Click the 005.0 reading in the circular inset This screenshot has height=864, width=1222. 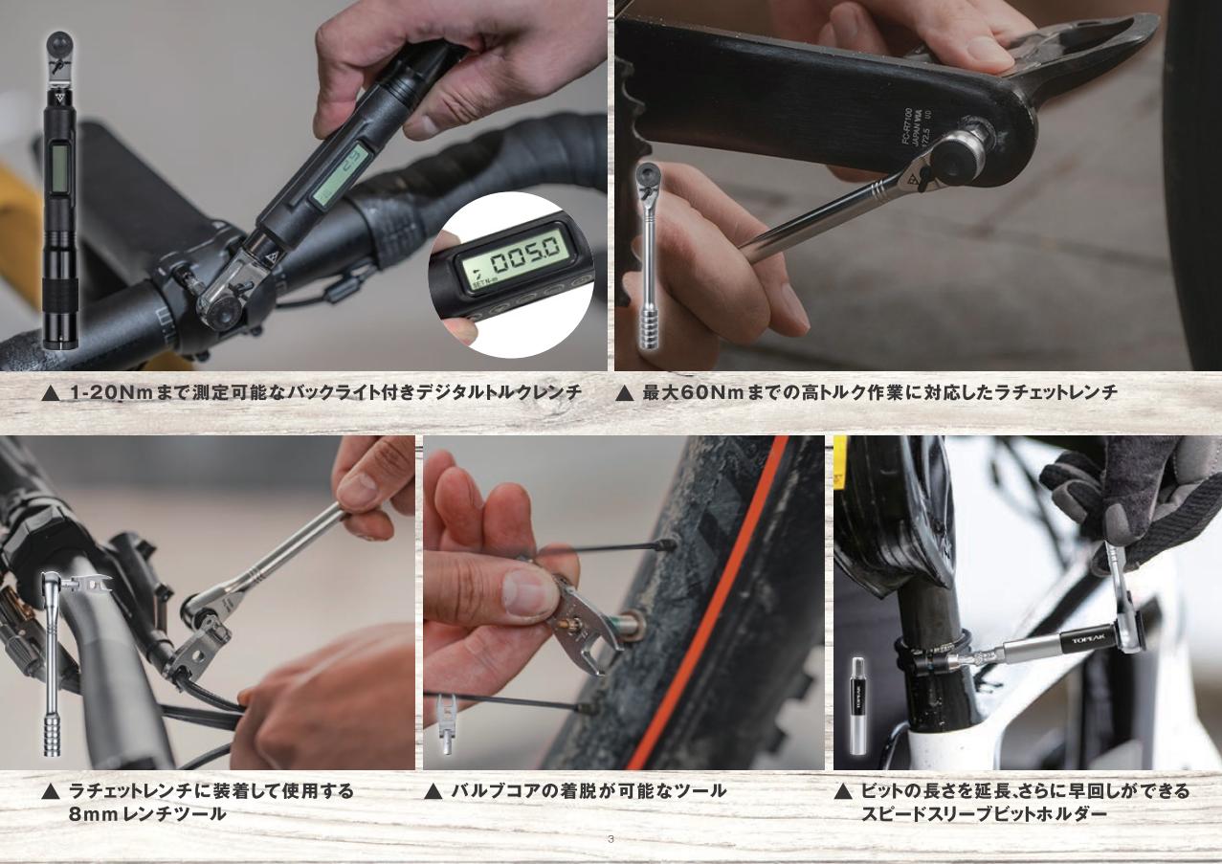(x=524, y=258)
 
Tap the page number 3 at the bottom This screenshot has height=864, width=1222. (x=611, y=839)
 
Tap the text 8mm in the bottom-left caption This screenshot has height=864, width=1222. (x=93, y=814)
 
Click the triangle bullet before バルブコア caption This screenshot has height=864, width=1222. (x=433, y=791)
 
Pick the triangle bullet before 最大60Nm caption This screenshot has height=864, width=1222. (x=624, y=393)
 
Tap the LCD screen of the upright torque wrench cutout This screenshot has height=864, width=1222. (x=59, y=165)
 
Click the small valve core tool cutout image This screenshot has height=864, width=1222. (x=446, y=723)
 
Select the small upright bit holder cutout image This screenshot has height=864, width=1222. (x=858, y=706)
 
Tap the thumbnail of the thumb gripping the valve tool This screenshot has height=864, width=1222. (x=523, y=594)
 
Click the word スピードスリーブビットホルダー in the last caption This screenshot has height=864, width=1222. (x=984, y=814)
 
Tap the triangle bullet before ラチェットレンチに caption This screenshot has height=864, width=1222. (x=51, y=791)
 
